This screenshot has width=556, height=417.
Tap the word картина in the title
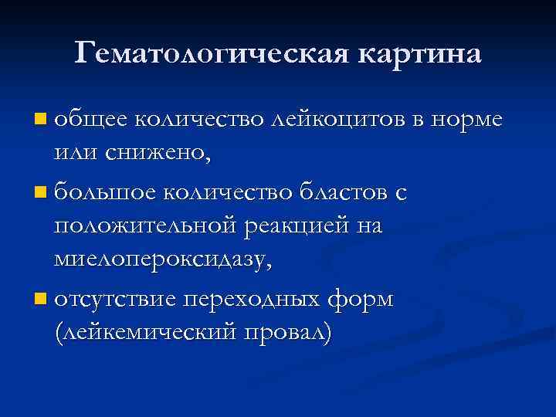419,54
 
